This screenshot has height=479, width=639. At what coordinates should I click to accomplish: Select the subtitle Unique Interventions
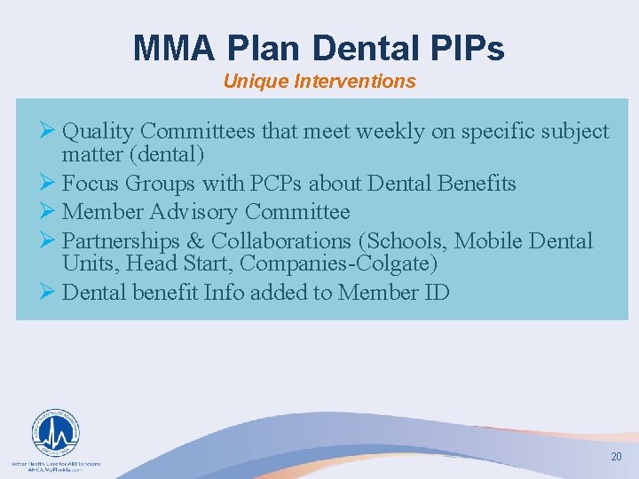319,82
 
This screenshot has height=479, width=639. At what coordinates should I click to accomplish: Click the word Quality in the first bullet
98,132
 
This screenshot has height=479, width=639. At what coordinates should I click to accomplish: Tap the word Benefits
472,184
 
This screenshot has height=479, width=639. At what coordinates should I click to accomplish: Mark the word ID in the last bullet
437,292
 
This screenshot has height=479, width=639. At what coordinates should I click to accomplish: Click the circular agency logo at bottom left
56,433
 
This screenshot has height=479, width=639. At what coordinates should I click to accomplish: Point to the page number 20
616,457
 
